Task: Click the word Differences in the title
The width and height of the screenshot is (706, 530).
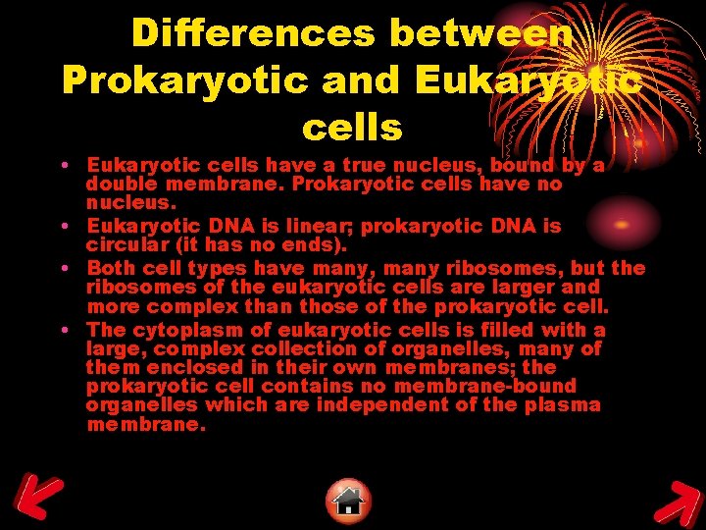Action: pyautogui.click(x=254, y=33)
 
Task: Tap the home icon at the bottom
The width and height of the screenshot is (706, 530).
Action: pyautogui.click(x=349, y=501)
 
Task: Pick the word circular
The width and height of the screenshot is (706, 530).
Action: pyautogui.click(x=124, y=244)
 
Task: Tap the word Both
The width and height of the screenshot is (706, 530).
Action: pyautogui.click(x=110, y=268)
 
